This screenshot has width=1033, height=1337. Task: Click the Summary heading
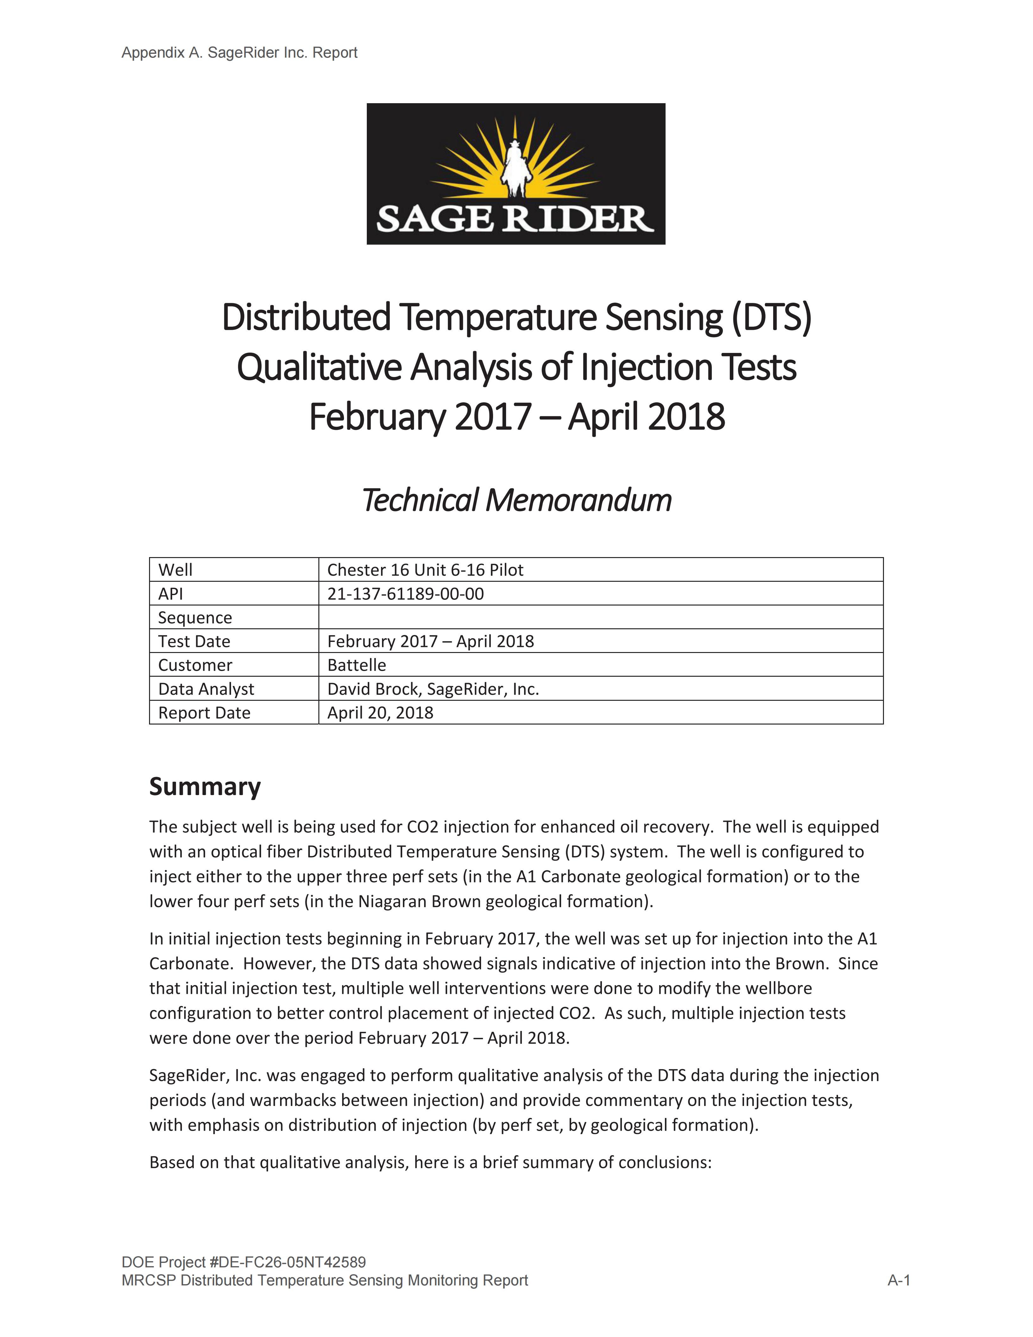coord(205,787)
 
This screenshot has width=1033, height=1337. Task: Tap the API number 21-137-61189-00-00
coord(405,594)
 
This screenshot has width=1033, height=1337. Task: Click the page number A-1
coord(898,1280)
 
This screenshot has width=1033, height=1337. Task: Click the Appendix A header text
coord(239,53)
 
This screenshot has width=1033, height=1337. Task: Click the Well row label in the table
coord(175,570)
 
